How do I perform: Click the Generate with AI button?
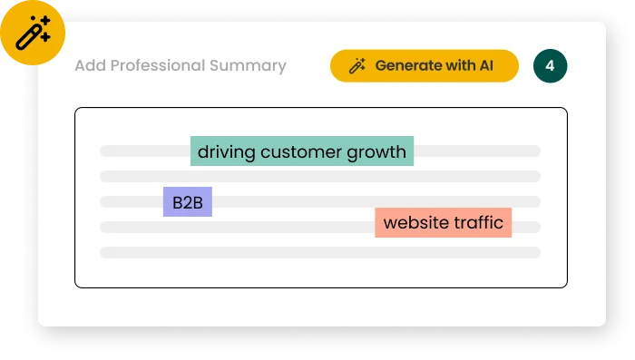tap(424, 66)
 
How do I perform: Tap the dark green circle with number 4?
tap(550, 66)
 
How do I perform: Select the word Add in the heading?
tap(90, 66)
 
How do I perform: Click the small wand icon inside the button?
tap(357, 66)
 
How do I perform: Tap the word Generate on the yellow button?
tap(406, 66)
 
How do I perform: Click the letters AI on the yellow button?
tap(485, 66)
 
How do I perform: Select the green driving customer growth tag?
tap(302, 151)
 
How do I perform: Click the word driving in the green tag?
tap(227, 151)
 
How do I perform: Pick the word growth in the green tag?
tap(376, 151)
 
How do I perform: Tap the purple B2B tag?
tap(188, 202)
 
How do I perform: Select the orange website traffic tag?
tap(443, 223)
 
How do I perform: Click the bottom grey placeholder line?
tap(319, 252)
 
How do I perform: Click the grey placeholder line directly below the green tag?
tap(319, 176)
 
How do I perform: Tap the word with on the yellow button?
tap(457, 66)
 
